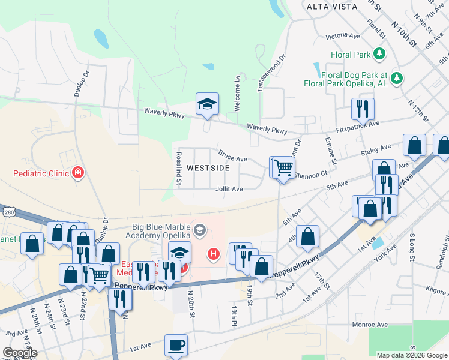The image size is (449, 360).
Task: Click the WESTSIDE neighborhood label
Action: point(208,168)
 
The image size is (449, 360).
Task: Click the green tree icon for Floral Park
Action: point(379,55)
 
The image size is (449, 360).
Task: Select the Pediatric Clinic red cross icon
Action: point(77,174)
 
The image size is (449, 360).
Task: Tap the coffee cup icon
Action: point(176,346)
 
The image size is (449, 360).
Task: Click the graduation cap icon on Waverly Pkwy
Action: point(207,104)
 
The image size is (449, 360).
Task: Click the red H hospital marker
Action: point(213,254)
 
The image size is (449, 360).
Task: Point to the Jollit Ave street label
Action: point(229,188)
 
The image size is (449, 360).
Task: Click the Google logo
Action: point(20,353)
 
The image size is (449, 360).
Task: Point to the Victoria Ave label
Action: point(343,37)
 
